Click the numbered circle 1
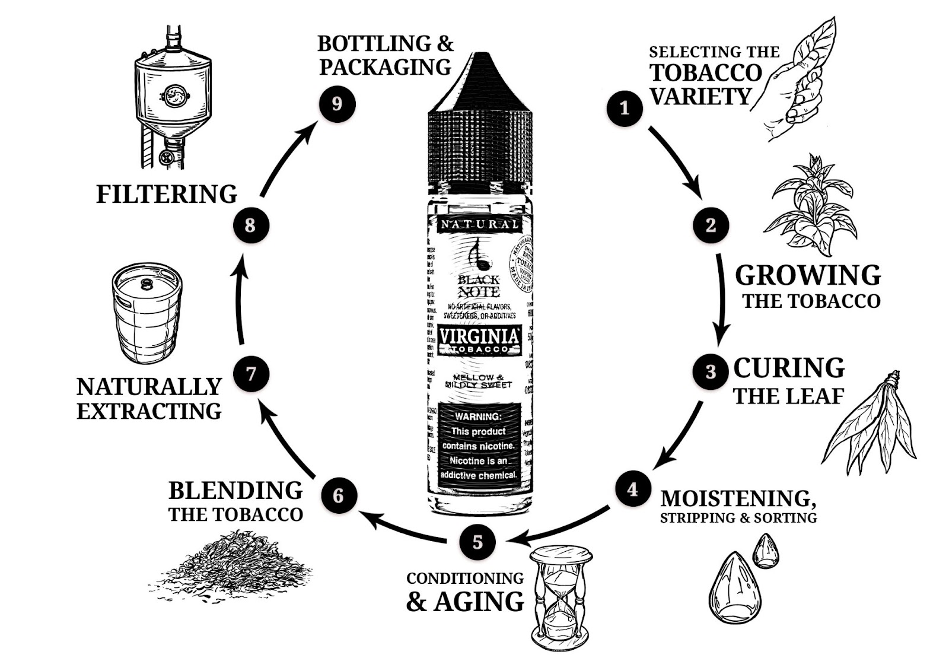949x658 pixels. tap(624, 107)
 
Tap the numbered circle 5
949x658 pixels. tap(477, 542)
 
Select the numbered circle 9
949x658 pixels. tap(337, 104)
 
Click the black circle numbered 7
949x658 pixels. tap(250, 374)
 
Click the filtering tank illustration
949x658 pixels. tap(172, 98)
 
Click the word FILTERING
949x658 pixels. tap(167, 194)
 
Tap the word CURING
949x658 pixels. tap(788, 368)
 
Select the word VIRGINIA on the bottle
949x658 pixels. tap(479, 336)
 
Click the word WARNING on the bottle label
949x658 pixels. tap(477, 417)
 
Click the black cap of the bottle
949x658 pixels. tap(478, 119)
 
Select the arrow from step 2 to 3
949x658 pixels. tap(721, 300)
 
